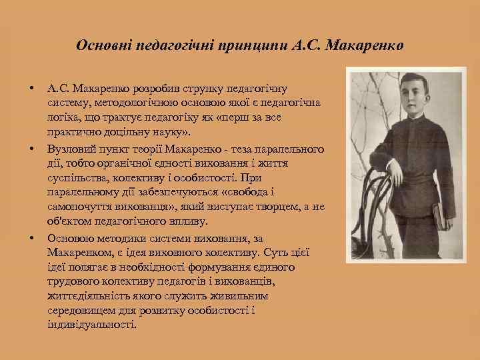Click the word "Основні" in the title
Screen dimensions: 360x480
coord(103,46)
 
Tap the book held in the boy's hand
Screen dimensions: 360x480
coord(440,214)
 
